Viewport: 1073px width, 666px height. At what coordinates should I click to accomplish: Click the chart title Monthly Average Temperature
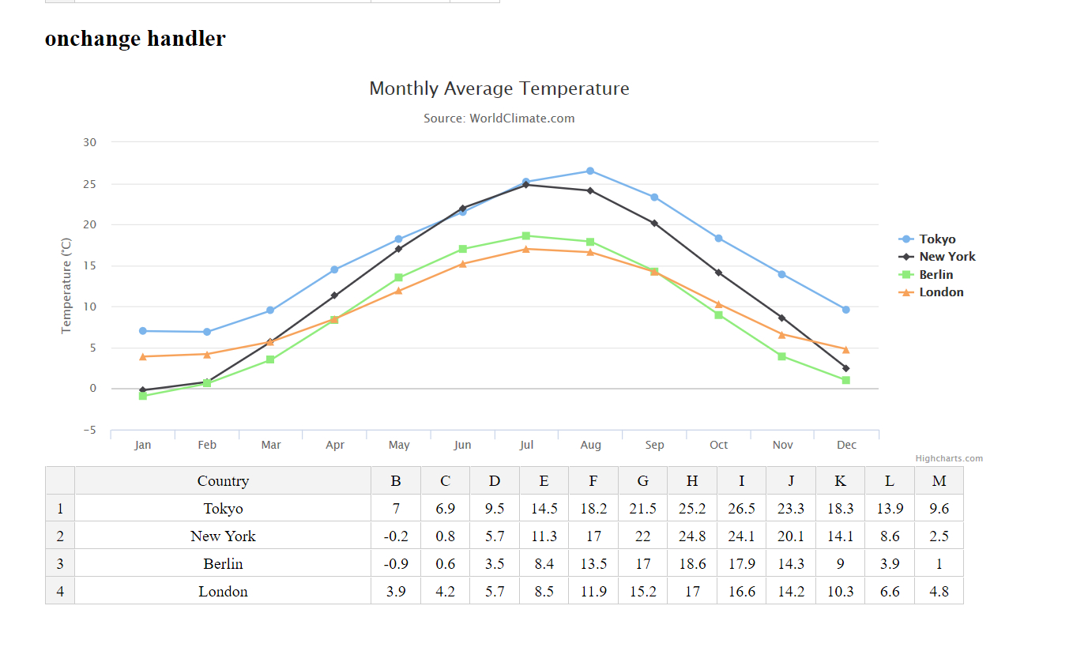tap(499, 88)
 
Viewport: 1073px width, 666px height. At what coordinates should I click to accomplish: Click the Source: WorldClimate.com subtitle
tap(499, 119)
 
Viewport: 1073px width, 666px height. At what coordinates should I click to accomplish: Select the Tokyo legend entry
tap(936, 239)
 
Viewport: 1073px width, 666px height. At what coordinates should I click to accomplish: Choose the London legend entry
tap(940, 292)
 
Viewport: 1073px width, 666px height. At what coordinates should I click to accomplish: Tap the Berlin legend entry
tap(936, 275)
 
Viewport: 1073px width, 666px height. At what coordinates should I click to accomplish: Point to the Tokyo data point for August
tap(590, 171)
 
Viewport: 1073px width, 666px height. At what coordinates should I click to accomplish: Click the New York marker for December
tap(845, 368)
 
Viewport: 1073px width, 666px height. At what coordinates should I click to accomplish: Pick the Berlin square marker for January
tap(143, 396)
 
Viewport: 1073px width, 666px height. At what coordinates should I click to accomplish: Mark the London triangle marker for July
tap(526, 249)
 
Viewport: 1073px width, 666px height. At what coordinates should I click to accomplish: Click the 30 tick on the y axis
tap(89, 142)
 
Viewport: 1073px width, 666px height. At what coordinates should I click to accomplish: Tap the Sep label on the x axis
tap(654, 445)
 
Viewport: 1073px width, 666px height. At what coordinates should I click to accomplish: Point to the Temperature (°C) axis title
tap(66, 285)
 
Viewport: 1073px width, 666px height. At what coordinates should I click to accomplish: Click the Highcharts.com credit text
tap(949, 458)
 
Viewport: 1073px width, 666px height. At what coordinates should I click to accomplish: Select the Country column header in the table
tap(223, 481)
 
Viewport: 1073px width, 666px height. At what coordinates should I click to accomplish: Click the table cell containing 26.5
tap(741, 509)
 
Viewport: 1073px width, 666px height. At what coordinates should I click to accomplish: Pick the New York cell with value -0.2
tap(396, 536)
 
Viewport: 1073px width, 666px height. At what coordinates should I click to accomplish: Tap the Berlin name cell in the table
tap(223, 564)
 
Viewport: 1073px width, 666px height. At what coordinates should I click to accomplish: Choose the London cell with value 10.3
tap(840, 592)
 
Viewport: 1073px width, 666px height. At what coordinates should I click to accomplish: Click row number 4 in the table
tap(60, 592)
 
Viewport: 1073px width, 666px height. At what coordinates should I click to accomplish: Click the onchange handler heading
tap(135, 38)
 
